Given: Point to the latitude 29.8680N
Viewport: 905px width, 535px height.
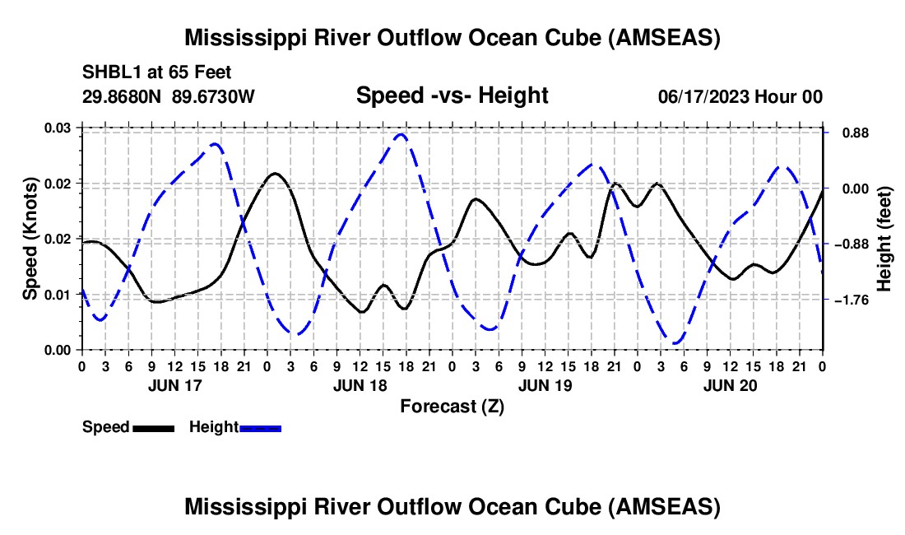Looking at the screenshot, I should click(123, 96).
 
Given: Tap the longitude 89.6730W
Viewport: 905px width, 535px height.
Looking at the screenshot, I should click(214, 96).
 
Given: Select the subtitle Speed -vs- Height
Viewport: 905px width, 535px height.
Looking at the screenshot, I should click(452, 95).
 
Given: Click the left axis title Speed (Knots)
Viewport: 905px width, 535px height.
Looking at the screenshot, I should click(30, 239).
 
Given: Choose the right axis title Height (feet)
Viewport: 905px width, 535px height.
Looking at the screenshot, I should click(884, 239).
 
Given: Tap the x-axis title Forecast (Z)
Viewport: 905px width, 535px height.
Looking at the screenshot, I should click(452, 406).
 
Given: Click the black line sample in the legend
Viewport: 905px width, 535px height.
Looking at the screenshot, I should click(153, 427).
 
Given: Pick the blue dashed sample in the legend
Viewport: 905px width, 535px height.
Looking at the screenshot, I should click(261, 427).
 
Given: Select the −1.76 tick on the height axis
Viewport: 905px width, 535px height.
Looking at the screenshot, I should click(852, 300).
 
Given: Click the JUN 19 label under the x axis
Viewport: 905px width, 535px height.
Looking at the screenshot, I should click(544, 385).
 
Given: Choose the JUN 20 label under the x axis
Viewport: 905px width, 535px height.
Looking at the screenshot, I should click(729, 385).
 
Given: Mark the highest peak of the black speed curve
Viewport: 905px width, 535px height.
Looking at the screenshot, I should click(275, 173).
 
